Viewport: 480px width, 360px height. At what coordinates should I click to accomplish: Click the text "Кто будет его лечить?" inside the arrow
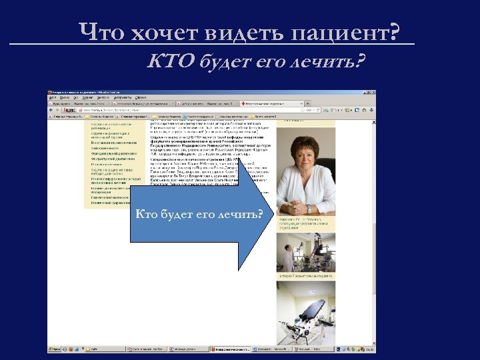[199, 215]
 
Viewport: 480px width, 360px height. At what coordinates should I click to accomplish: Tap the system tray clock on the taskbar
[370, 349]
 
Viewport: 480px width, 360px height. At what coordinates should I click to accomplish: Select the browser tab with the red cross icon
[270, 104]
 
